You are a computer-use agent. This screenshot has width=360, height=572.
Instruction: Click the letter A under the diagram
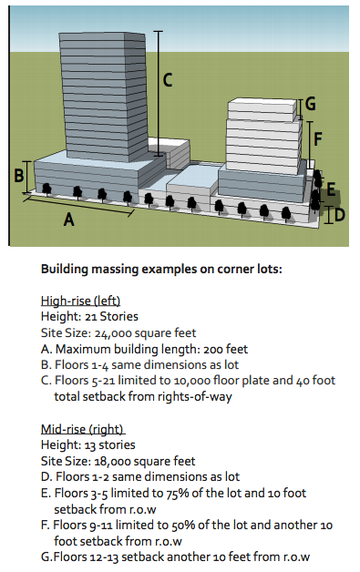(67, 219)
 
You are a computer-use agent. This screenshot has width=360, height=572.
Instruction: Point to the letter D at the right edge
(338, 216)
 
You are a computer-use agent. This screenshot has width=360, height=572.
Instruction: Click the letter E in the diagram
(331, 189)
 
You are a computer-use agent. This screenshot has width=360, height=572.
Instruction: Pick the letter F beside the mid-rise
(318, 138)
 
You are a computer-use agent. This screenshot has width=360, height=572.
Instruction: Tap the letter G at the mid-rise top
(311, 103)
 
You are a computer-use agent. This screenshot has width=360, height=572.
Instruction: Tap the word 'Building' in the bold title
(65, 270)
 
